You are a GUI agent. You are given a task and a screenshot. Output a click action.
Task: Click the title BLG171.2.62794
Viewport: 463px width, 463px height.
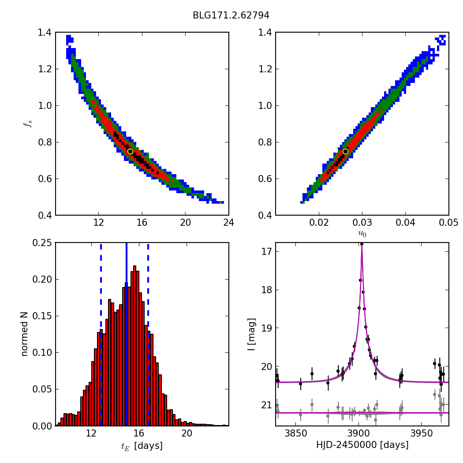tap(231, 15)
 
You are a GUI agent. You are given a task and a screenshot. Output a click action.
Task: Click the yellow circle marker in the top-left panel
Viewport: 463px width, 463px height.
tap(130, 151)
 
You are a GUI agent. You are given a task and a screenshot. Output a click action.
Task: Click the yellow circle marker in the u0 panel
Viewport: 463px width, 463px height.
tap(345, 151)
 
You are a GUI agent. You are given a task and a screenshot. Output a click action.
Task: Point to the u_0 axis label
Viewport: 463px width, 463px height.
tap(362, 233)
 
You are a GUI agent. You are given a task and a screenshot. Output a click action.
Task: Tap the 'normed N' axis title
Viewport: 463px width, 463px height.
tap(25, 334)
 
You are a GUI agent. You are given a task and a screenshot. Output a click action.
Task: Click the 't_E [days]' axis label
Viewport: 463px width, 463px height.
tap(142, 446)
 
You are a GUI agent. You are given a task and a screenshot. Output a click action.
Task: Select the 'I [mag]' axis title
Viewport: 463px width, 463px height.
tap(252, 334)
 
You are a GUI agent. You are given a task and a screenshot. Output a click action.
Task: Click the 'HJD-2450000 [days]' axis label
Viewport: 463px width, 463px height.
tap(362, 445)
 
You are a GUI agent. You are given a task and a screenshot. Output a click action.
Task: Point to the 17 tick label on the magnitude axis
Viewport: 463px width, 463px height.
tap(266, 252)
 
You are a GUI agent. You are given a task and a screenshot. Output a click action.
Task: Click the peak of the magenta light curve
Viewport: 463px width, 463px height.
tap(362, 245)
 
